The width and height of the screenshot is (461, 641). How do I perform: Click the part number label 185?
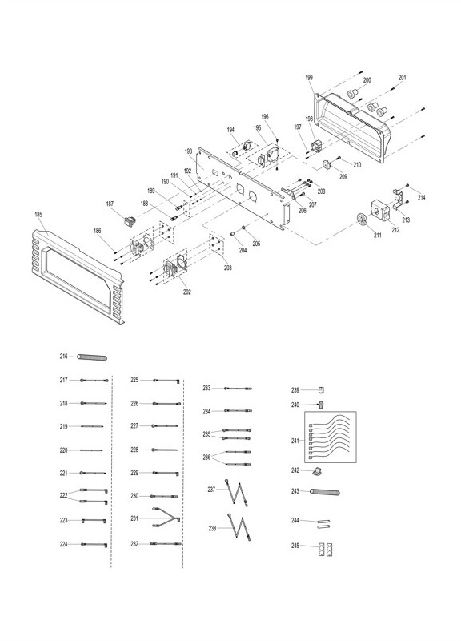point(38,214)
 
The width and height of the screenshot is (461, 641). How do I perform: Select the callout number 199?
point(309,77)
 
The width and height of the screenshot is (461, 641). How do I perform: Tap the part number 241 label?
point(295,441)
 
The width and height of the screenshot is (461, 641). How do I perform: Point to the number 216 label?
point(64,357)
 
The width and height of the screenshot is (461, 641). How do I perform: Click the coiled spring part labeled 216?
point(92,357)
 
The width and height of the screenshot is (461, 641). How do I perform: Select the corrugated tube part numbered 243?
point(325,491)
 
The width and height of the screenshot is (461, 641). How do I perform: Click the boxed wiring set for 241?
point(331,437)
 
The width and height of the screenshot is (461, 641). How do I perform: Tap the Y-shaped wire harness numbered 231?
point(166,518)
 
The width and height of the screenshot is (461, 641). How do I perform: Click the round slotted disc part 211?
point(362,219)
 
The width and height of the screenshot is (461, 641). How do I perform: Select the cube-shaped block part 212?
point(380,210)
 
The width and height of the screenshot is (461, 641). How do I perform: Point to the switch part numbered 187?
point(130,221)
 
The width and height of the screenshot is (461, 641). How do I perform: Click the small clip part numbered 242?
point(317,472)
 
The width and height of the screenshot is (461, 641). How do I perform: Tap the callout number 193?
point(188,151)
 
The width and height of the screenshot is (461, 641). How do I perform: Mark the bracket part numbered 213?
point(398,198)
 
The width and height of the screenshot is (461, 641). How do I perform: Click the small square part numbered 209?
point(327,164)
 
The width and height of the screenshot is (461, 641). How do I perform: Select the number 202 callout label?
point(187,292)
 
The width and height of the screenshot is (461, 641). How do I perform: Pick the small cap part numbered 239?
point(322,389)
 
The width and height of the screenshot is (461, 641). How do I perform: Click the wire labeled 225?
point(166,381)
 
